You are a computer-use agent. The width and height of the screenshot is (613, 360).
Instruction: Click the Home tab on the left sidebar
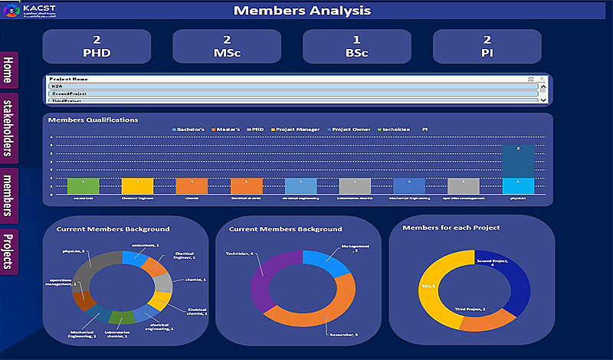point(9,71)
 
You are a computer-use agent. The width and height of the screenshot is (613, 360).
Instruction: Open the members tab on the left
point(9,195)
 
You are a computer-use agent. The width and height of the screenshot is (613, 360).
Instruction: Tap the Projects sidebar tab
point(9,250)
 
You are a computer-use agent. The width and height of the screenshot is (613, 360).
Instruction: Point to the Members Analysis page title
point(302,11)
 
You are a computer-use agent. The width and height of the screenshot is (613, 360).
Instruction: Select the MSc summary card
point(227,47)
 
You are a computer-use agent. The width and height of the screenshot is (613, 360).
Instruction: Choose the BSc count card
point(356,47)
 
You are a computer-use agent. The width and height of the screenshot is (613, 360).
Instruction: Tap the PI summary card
point(487,47)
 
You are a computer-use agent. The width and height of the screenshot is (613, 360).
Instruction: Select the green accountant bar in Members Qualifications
point(84,186)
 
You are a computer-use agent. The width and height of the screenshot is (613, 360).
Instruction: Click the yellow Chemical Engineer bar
point(138,186)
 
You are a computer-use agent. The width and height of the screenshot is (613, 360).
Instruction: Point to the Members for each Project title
point(451,227)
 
